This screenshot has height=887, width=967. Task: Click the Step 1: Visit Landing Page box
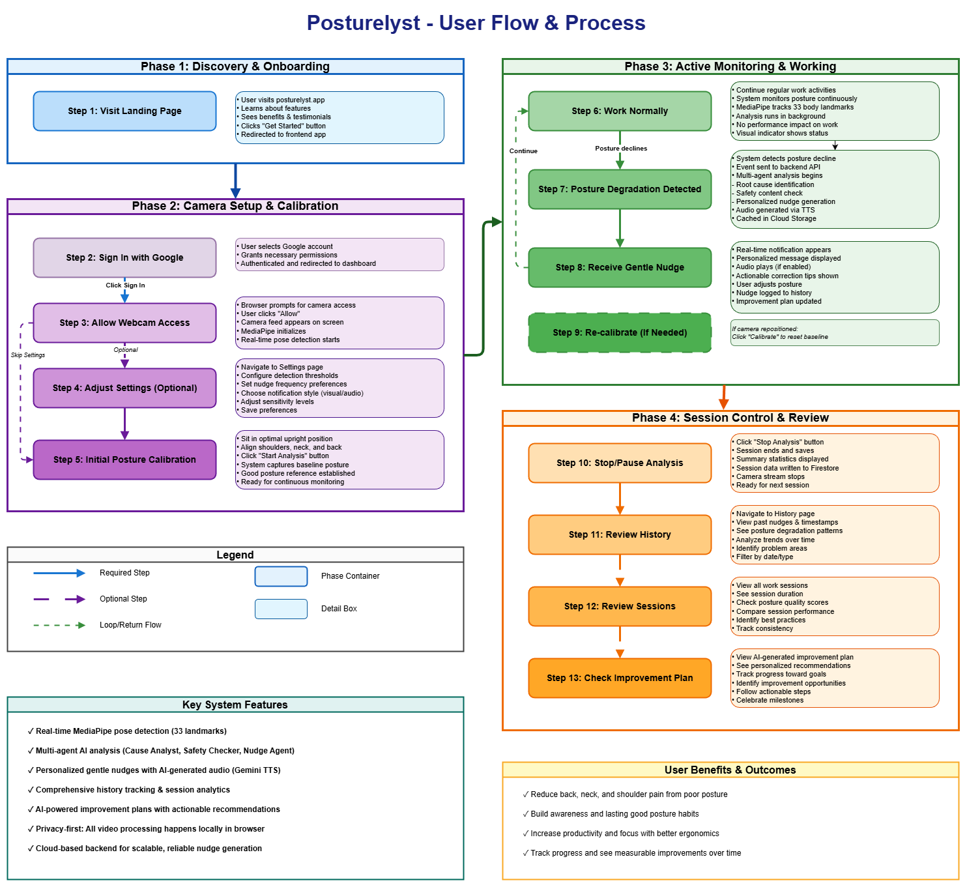pyautogui.click(x=124, y=111)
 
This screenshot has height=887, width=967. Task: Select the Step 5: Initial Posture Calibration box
pyautogui.click(x=124, y=459)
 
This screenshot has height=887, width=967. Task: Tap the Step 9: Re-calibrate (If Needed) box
pyautogui.click(x=620, y=332)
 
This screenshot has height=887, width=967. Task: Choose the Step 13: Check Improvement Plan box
pyautogui.click(x=620, y=678)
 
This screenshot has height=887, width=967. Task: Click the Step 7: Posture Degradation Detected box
pyautogui.click(x=620, y=189)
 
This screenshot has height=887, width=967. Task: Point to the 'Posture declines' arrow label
pyautogui.click(x=621, y=148)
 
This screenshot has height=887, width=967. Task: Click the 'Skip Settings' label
pyautogui.click(x=28, y=355)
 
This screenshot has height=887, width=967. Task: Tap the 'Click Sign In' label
pyautogui.click(x=125, y=285)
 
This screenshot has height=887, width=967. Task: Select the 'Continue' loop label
pyautogui.click(x=523, y=151)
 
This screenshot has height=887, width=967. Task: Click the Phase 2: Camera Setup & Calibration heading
pyautogui.click(x=235, y=206)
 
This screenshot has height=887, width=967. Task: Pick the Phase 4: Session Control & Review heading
pyautogui.click(x=730, y=418)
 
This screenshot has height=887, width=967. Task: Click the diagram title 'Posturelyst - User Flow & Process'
pyautogui.click(x=476, y=23)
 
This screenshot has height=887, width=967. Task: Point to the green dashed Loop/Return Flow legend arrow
pyautogui.click(x=59, y=625)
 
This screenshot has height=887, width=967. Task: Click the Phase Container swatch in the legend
pyautogui.click(x=281, y=576)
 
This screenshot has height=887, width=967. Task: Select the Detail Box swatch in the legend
pyautogui.click(x=281, y=609)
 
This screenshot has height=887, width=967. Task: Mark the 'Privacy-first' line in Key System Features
pyautogui.click(x=146, y=828)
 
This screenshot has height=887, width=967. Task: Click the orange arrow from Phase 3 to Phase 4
pyautogui.click(x=723, y=398)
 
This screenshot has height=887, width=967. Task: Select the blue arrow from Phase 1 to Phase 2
pyautogui.click(x=235, y=181)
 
